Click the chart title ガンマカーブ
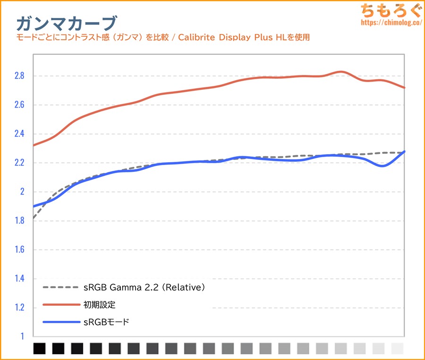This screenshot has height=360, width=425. tap(66, 23)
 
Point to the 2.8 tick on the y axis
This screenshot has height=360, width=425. tap(18, 76)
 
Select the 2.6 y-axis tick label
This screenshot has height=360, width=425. tap(18, 105)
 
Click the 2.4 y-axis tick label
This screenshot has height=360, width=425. tap(18, 134)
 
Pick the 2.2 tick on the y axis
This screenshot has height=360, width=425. tap(18, 163)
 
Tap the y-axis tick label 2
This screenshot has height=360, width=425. tap(21, 192)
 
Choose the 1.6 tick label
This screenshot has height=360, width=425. tap(18, 250)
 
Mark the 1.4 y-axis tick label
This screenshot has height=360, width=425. tap(18, 279)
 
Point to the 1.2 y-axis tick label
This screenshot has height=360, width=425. tap(18, 308)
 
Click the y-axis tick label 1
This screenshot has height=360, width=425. tap(22, 337)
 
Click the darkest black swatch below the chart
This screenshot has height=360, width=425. tap(40, 348)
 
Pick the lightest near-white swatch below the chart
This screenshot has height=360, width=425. tap(398, 348)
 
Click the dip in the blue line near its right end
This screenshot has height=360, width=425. tap(382, 166)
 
